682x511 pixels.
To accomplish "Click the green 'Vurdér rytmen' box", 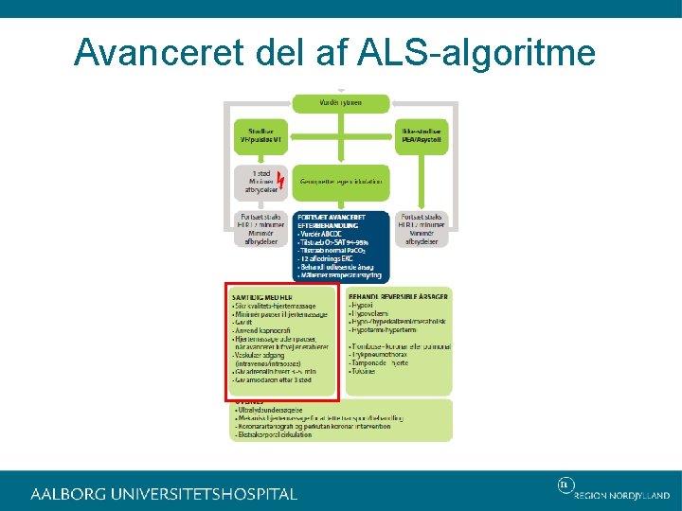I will pos(339,102).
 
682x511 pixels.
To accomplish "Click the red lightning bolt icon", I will pos(279,179).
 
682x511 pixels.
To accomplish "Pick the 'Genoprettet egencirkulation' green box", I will pos(341,181).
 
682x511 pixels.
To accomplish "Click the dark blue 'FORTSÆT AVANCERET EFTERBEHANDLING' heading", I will pos(328,221).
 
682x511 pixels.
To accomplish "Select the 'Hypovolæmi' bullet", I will pos(370,313).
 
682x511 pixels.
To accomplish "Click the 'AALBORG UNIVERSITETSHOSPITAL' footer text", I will pos(164,494).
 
